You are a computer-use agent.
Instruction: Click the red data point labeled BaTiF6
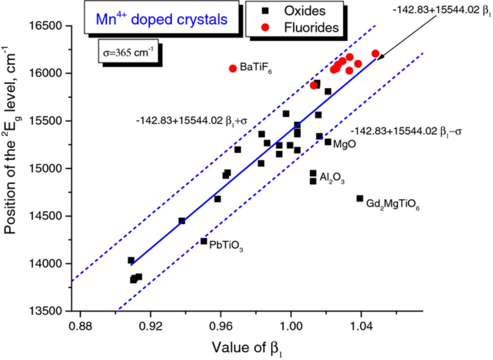[233, 68]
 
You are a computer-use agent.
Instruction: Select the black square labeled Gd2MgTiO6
[360, 199]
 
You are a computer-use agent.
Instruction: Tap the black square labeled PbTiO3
[204, 241]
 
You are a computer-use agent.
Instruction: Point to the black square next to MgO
[328, 142]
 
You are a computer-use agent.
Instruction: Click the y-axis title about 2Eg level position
[14, 143]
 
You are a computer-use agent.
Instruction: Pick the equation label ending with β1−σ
[406, 131]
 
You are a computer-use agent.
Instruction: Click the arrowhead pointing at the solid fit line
[379, 58]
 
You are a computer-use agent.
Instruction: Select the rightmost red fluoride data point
[376, 54]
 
